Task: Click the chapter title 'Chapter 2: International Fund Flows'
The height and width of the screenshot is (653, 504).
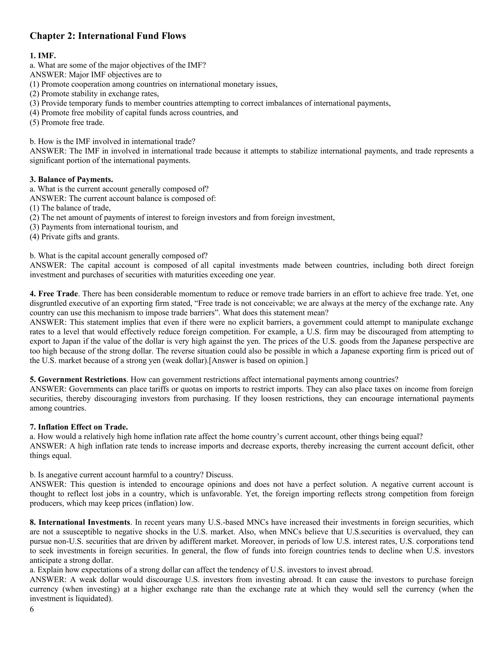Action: coord(108,36)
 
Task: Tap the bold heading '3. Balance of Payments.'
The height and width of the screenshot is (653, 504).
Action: coord(71,179)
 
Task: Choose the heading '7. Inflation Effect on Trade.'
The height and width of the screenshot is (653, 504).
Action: coord(79,427)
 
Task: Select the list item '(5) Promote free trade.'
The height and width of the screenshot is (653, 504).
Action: coord(67,122)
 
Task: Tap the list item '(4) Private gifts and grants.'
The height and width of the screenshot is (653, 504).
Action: coord(74,237)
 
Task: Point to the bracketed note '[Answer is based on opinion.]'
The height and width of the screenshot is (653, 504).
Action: coord(258,361)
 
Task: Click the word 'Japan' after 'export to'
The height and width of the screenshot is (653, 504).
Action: coord(72,341)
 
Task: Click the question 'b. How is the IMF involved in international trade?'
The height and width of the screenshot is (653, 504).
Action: coord(113,141)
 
